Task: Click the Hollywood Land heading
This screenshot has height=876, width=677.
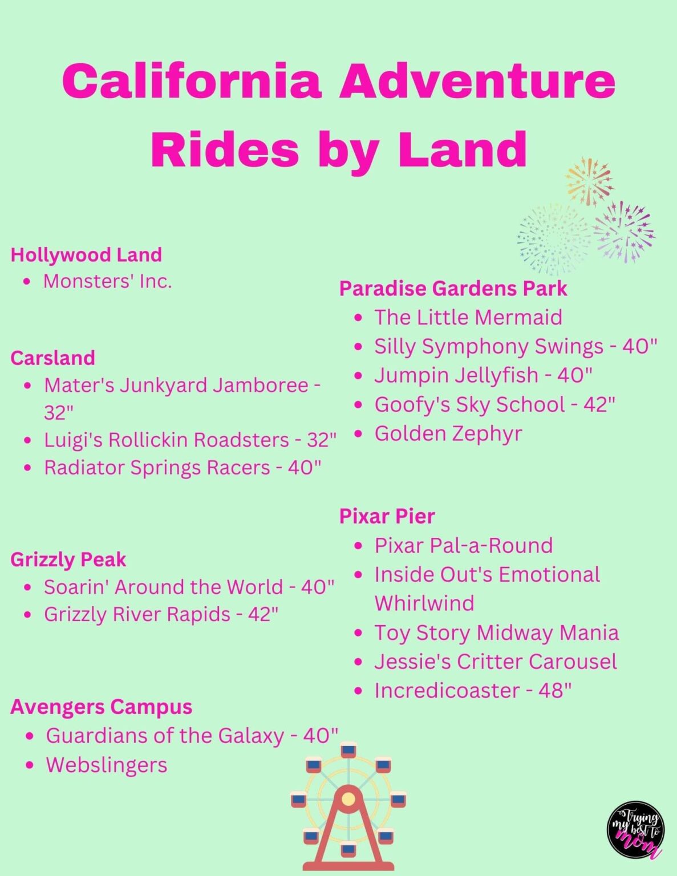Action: (86, 254)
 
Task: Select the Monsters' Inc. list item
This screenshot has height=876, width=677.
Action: (107, 281)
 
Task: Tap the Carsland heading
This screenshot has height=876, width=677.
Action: (52, 358)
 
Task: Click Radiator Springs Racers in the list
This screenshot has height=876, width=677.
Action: (157, 468)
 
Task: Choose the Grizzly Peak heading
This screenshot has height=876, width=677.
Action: (68, 559)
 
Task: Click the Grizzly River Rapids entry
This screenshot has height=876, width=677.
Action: (137, 614)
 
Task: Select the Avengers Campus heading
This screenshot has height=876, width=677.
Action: (101, 707)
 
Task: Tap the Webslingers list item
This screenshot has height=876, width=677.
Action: (107, 765)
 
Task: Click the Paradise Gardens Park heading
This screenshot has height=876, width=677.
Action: (453, 289)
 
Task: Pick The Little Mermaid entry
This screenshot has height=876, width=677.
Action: (468, 317)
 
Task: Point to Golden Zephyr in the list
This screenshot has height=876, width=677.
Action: (448, 433)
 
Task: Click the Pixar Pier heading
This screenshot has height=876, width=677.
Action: (387, 516)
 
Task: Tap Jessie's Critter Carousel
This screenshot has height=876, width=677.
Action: (495, 662)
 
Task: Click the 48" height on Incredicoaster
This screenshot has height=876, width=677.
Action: (554, 691)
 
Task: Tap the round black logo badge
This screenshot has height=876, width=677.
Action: (635, 830)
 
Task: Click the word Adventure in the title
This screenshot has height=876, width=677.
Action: (477, 81)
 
